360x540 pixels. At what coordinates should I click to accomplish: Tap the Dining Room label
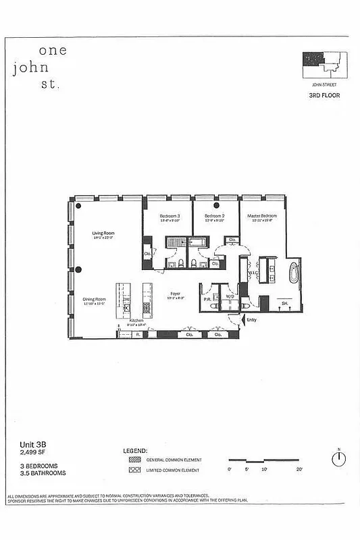95,298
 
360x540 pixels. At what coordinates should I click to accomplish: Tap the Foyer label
175,293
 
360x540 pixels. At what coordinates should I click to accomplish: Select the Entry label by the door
251,320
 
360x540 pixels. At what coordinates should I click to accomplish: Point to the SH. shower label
284,304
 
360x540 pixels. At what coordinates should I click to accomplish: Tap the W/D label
229,296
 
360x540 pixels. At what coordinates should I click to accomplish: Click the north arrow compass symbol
337,458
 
